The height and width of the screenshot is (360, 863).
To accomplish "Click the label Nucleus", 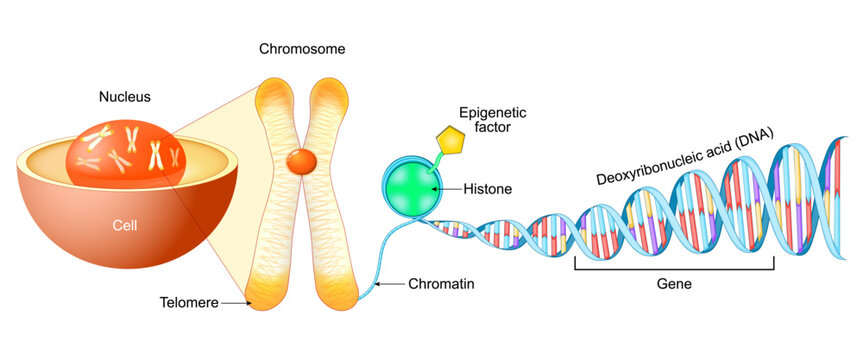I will coord(124,98).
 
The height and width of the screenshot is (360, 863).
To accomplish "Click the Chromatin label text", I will coord(440,285).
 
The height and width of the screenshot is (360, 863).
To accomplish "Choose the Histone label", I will coord(487,188).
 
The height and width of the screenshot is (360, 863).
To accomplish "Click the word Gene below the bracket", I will coord(673,284).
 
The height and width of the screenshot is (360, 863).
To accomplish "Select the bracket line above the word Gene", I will coord(674,268).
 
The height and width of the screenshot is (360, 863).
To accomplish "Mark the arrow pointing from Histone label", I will coord(445,188).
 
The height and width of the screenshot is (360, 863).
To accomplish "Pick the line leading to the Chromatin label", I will coord(390,285).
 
